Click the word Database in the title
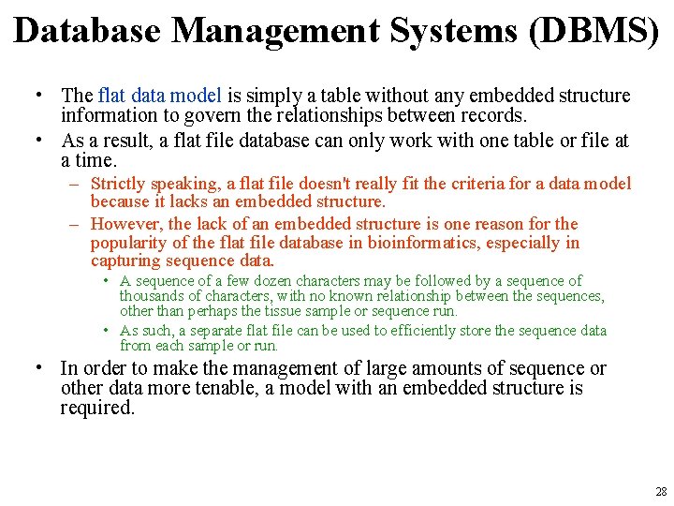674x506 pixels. point(88,31)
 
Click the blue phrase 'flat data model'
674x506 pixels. point(159,96)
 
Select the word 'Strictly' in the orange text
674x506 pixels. point(118,185)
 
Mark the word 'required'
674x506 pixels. point(95,409)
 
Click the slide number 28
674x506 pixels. point(661,492)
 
